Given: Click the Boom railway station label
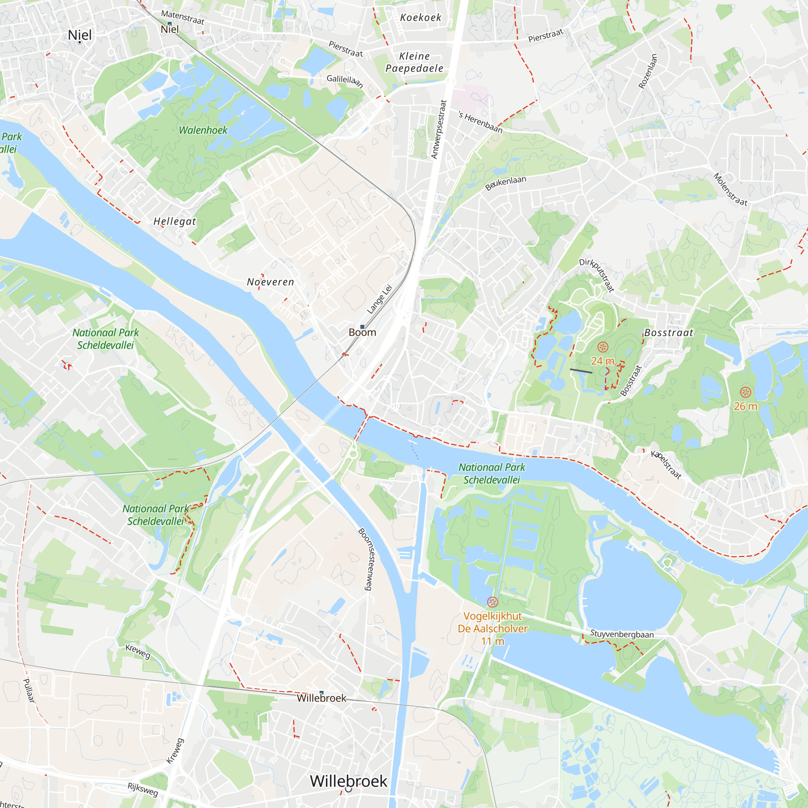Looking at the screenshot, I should coord(362,332).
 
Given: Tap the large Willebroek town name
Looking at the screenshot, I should coord(348,781).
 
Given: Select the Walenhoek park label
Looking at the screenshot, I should coord(203,130).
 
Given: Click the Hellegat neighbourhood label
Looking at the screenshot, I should coord(175,221).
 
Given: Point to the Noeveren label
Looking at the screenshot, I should coord(270,282).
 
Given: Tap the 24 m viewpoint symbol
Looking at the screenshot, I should coord(602,347).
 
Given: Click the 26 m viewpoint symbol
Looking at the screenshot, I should coord(745,392).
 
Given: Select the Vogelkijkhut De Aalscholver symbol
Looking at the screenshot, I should coord(492,602).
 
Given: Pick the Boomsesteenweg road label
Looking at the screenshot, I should coord(365,559).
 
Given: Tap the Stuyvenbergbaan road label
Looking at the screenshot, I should coord(621,634).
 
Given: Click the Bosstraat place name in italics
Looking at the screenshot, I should coord(668,333).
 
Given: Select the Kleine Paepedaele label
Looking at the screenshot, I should coord(414,62).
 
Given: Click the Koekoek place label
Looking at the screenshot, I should coord(420,17).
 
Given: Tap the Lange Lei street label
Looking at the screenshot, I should coord(379,299).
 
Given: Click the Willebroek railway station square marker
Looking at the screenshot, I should coord(321,692).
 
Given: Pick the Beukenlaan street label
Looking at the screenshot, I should coord(505,183).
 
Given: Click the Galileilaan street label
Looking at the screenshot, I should coord(345,81).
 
